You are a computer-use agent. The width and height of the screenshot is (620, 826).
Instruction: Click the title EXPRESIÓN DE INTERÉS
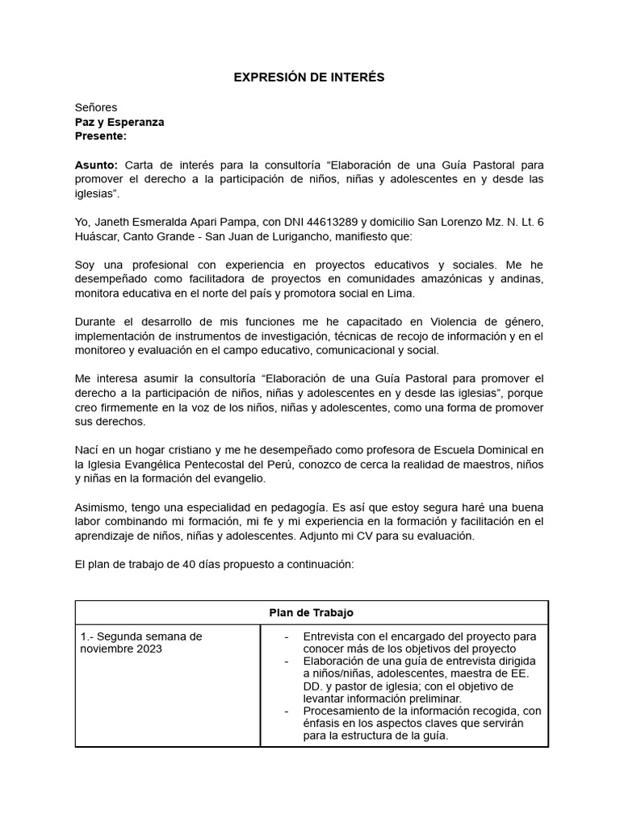point(309,77)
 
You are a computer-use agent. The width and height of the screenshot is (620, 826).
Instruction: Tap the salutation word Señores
point(96,107)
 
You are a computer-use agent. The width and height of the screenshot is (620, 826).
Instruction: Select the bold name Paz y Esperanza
point(119,122)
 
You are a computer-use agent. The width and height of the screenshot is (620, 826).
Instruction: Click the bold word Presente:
point(101,136)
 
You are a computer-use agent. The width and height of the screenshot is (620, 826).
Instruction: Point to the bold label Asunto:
point(96,165)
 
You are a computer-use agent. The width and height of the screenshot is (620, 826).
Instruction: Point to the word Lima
point(401,293)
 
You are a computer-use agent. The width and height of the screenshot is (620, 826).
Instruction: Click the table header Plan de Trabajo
point(311,613)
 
